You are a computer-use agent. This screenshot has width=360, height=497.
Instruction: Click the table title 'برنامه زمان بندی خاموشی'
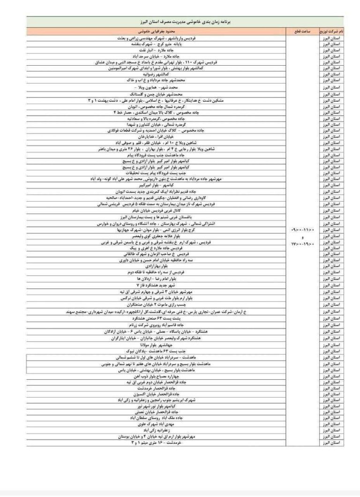point(186,22)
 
